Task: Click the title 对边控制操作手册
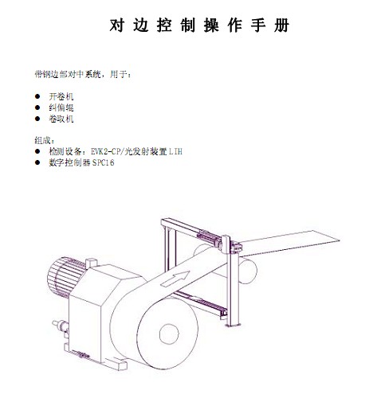[199, 25]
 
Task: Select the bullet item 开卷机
[61, 96]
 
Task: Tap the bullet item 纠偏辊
[61, 107]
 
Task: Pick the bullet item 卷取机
[61, 119]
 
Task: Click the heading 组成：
[45, 140]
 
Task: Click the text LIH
[176, 151]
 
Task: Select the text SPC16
[104, 162]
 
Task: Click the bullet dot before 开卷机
[37, 96]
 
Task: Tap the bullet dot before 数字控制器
[37, 162]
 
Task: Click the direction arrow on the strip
[175, 279]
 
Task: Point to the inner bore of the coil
[169, 334]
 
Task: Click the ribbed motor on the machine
[65, 276]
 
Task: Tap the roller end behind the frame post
[249, 271]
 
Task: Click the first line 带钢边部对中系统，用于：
[83, 74]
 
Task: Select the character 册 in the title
[282, 25]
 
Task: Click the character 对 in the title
[117, 25]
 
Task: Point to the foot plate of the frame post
[233, 325]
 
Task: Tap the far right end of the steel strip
[339, 240]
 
